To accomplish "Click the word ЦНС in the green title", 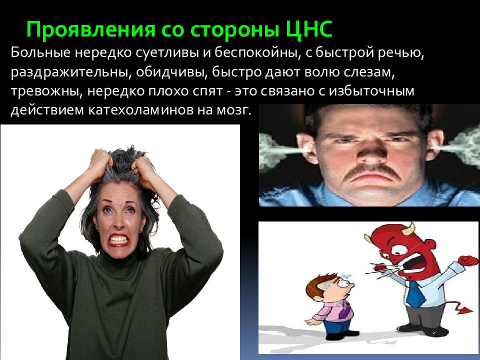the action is pos(309,30).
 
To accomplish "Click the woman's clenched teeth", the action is pos(118,239).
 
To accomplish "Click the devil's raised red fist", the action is pos(468,260).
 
